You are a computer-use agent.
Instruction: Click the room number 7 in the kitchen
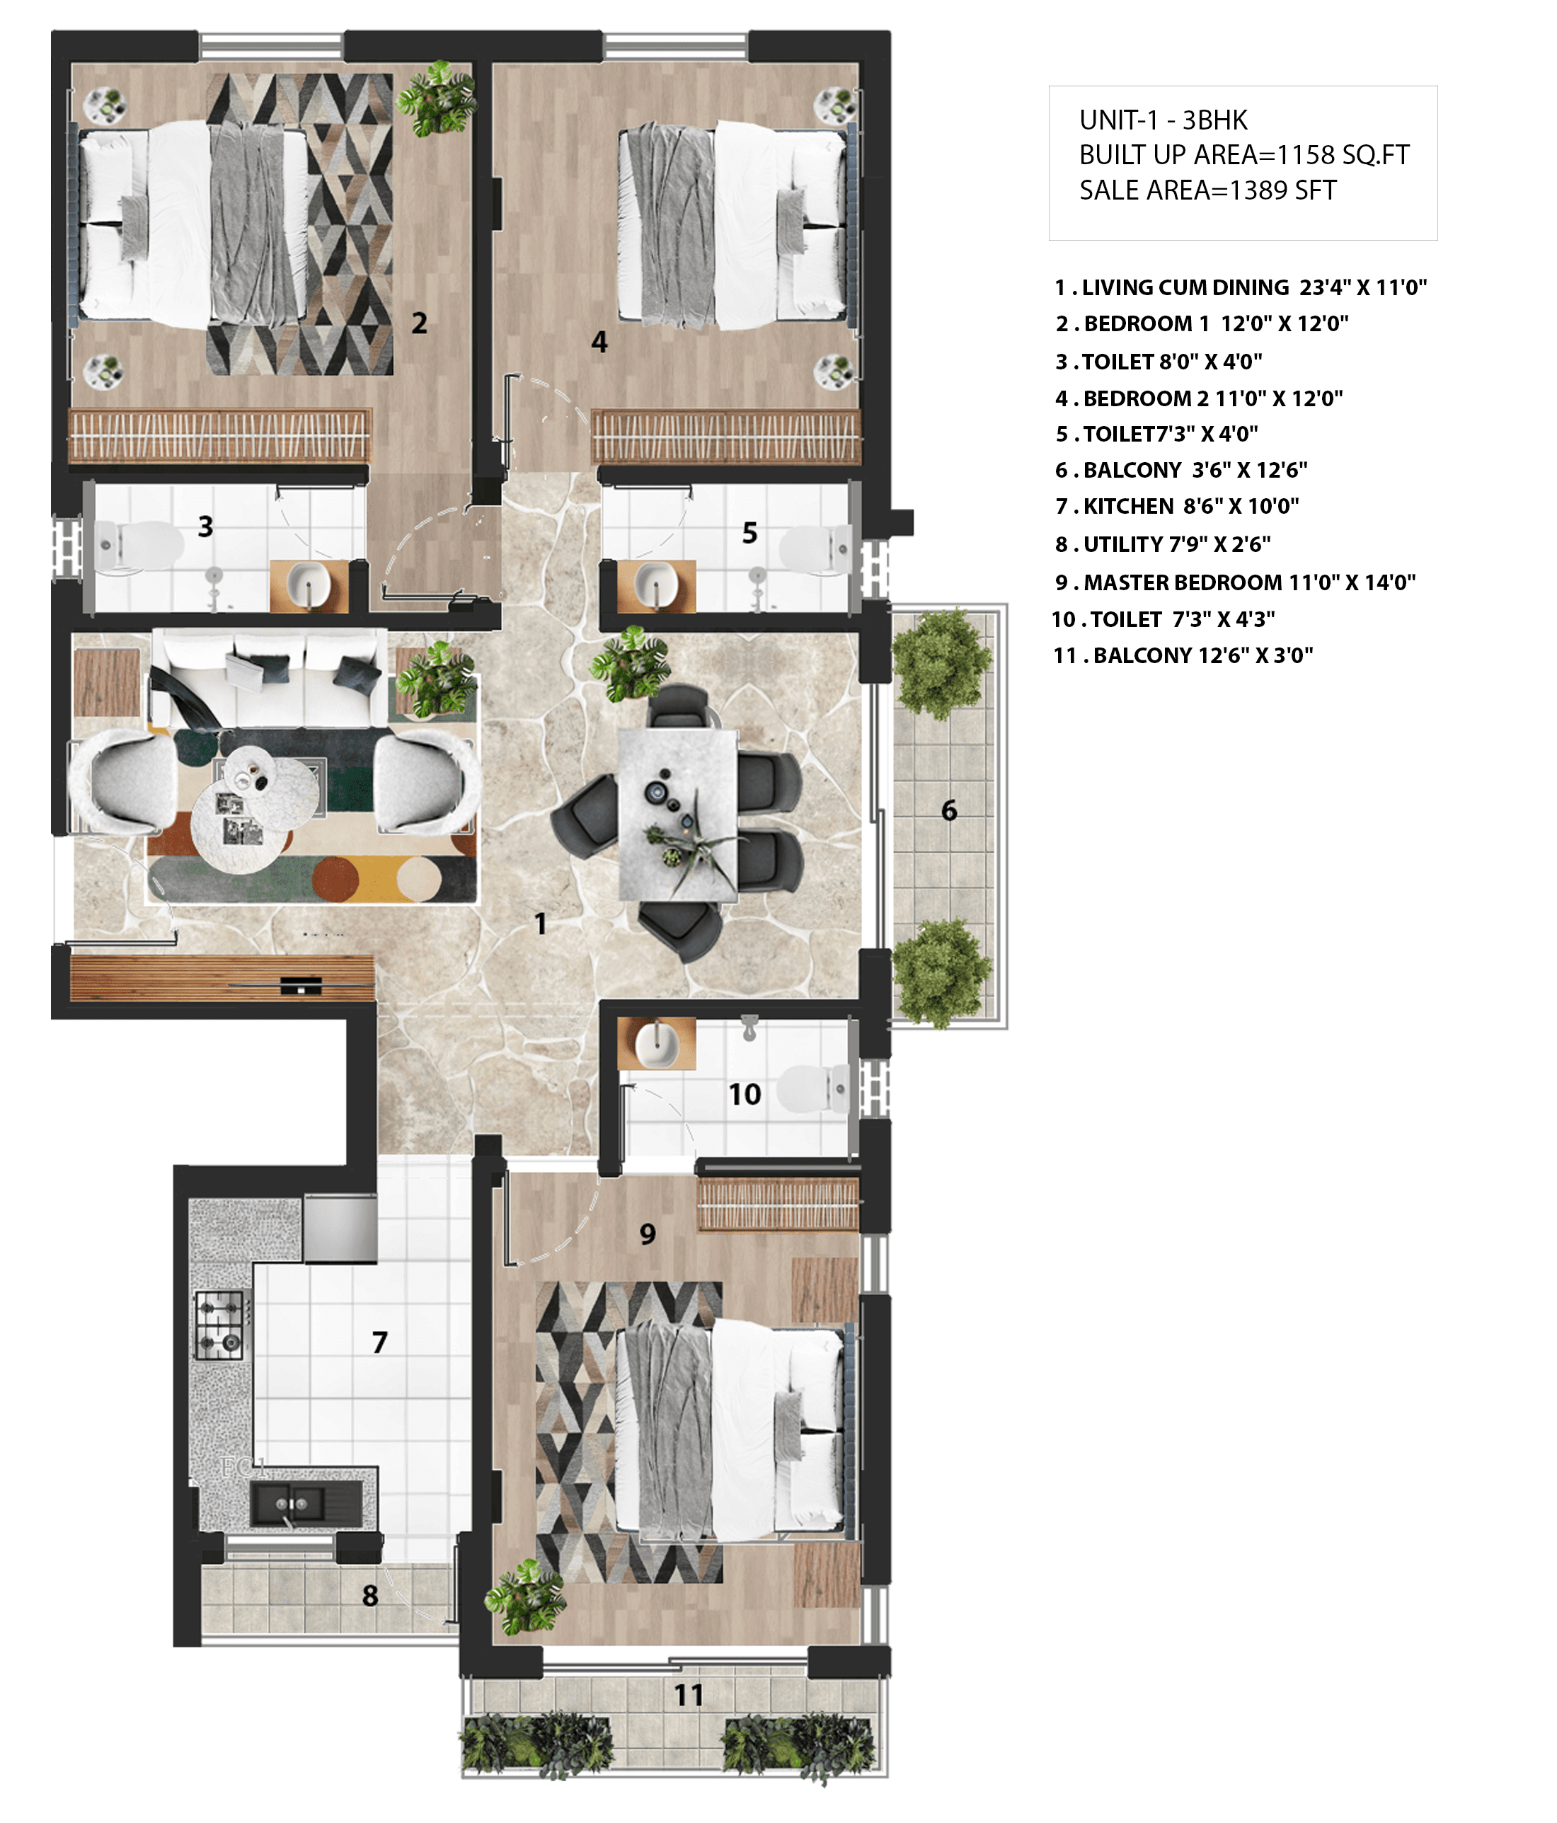[379, 1342]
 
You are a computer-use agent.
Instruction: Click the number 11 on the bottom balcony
[689, 1694]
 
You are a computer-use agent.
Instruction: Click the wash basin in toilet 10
[656, 1042]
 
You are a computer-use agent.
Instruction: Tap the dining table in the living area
[677, 814]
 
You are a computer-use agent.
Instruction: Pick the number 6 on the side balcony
[949, 810]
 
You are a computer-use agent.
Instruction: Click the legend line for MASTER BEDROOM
[1234, 582]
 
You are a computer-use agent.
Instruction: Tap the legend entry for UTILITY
[1162, 545]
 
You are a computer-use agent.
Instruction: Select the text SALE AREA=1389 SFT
[1208, 190]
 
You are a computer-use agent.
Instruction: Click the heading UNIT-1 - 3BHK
[1163, 120]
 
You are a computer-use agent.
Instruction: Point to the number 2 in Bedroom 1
[420, 323]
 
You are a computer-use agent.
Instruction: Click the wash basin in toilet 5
[656, 585]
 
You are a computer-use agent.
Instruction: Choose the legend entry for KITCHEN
[1176, 507]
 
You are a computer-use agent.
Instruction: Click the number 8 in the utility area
[370, 1595]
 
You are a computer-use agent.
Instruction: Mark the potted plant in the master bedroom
[526, 1597]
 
